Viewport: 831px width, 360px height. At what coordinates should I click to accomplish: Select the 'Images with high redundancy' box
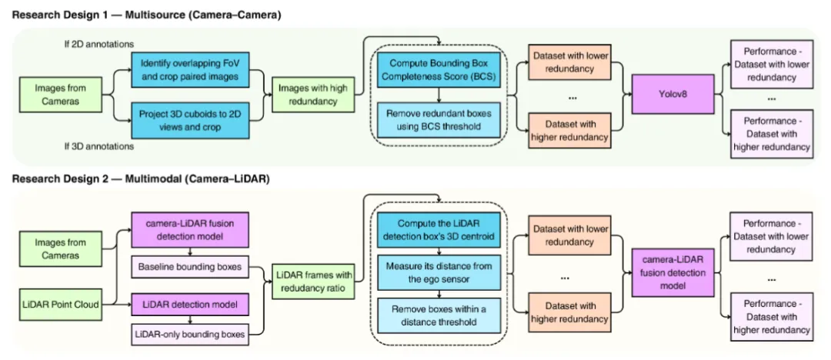[x=312, y=95]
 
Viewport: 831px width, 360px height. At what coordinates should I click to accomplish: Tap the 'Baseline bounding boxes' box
[x=189, y=268]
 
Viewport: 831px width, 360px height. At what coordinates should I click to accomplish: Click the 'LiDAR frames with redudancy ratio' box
[x=312, y=282]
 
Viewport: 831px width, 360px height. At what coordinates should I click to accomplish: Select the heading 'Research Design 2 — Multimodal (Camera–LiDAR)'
[x=142, y=178]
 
